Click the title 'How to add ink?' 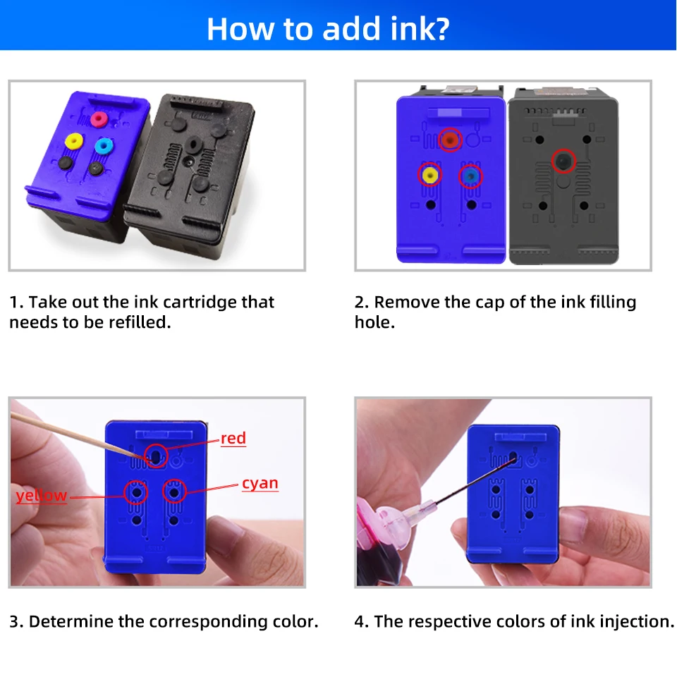click(328, 28)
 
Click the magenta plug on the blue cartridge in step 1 click(98, 117)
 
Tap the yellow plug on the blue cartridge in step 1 click(72, 142)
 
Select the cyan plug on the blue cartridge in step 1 click(104, 146)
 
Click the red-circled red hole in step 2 click(449, 140)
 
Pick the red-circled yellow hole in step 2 click(429, 173)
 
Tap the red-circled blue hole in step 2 click(470, 175)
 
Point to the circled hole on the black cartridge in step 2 click(563, 161)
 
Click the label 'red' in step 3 click(233, 439)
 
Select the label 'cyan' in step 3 click(260, 484)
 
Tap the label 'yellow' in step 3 click(42, 496)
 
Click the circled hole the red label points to click(156, 456)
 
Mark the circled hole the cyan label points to click(174, 490)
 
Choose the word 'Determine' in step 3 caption click(67, 621)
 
